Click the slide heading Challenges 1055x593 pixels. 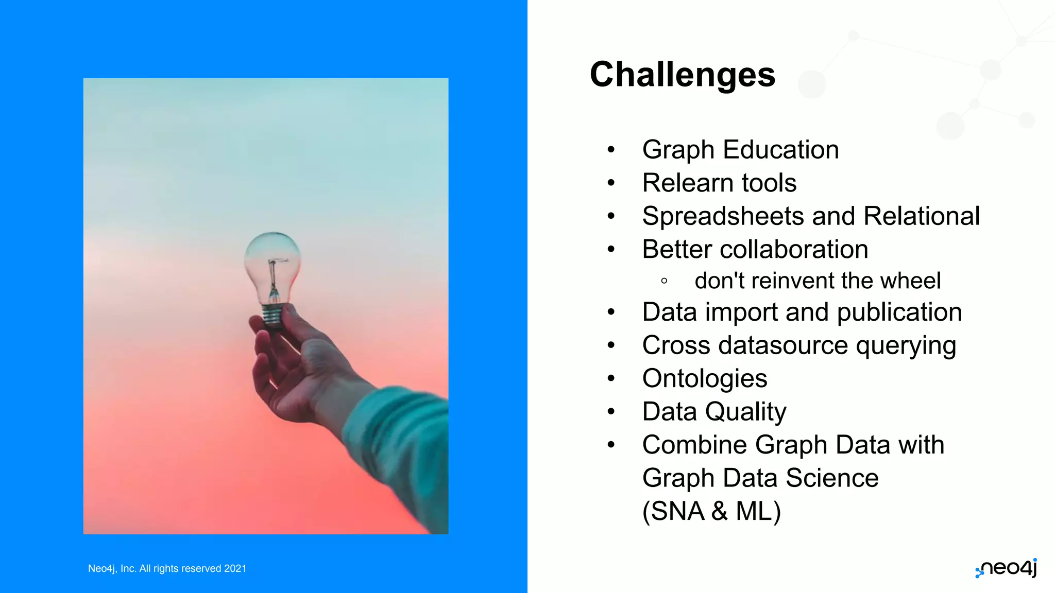coord(682,75)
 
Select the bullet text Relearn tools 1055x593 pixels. coord(719,183)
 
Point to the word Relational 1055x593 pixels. coord(921,216)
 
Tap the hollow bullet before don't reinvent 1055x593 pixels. coord(664,281)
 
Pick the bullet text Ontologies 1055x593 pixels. coord(704,379)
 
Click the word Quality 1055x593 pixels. coord(745,412)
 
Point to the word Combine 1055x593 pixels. coord(694,445)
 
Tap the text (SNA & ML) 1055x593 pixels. coord(711,511)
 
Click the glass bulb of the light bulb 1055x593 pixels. coord(272,263)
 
